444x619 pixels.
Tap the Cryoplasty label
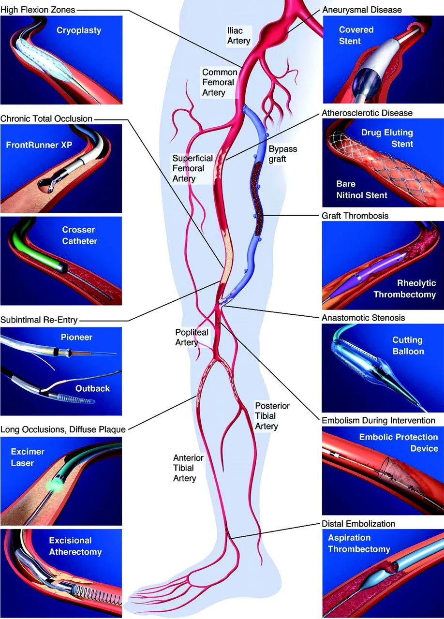click(x=78, y=30)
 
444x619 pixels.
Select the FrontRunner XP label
click(x=39, y=144)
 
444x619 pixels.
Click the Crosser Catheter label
click(x=79, y=236)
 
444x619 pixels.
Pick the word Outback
click(x=92, y=388)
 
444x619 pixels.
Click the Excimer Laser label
click(x=27, y=457)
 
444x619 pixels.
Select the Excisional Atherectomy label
click(x=75, y=546)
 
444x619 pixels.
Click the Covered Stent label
click(x=356, y=35)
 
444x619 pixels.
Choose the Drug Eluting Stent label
click(x=387, y=137)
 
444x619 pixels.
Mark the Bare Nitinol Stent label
click(x=362, y=190)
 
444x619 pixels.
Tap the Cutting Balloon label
click(x=408, y=346)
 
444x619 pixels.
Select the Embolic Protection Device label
click(x=399, y=442)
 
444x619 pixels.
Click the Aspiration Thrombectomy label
click(x=359, y=544)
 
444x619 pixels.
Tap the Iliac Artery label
click(x=239, y=36)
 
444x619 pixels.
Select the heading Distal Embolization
click(x=358, y=524)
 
